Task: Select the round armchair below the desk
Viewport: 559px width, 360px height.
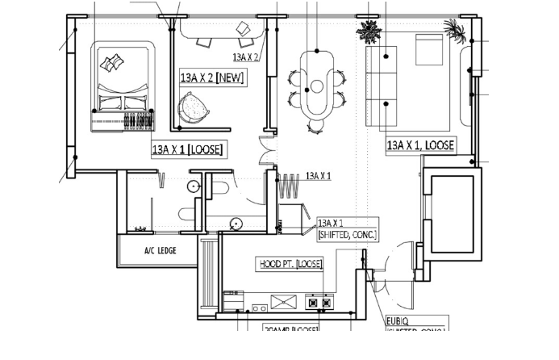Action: (x=194, y=106)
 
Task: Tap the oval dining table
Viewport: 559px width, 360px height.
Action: (x=317, y=82)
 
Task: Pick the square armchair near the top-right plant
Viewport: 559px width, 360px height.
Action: (x=429, y=50)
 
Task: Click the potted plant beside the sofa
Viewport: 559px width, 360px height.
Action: (x=369, y=33)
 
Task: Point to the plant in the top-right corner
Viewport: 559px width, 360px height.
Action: (x=455, y=31)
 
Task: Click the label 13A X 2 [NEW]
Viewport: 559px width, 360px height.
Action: (x=213, y=77)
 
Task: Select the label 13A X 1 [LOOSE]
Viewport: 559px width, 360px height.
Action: (x=188, y=149)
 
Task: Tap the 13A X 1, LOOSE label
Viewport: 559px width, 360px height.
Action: (x=420, y=145)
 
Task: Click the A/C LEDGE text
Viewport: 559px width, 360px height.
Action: (x=160, y=250)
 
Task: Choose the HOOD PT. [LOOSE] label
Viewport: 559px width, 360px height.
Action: (x=290, y=264)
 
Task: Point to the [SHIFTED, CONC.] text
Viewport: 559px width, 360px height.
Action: (x=348, y=233)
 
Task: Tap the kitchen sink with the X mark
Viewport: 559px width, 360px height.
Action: (x=284, y=301)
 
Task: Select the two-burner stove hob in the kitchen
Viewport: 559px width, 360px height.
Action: (x=319, y=303)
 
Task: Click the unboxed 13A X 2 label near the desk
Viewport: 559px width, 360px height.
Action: (x=245, y=57)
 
